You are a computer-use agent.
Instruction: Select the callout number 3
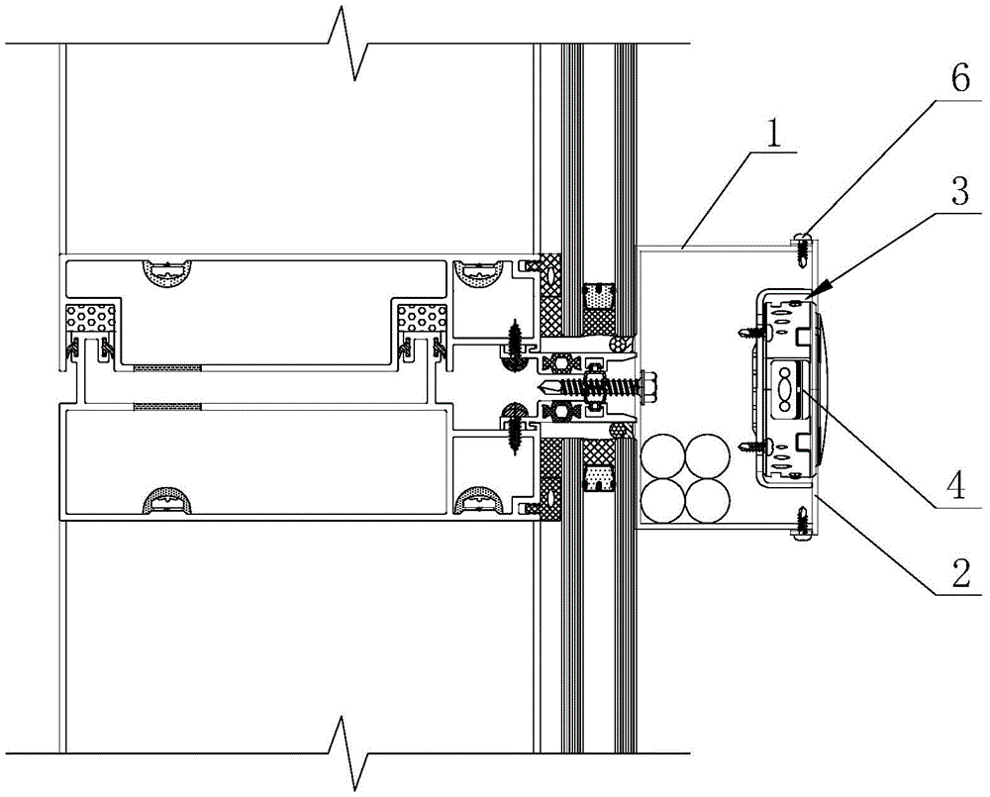point(959,194)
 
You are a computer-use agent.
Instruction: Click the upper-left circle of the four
point(663,456)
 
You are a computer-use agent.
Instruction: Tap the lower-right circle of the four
point(707,501)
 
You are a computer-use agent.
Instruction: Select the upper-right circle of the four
point(707,456)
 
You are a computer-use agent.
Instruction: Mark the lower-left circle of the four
point(663,501)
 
